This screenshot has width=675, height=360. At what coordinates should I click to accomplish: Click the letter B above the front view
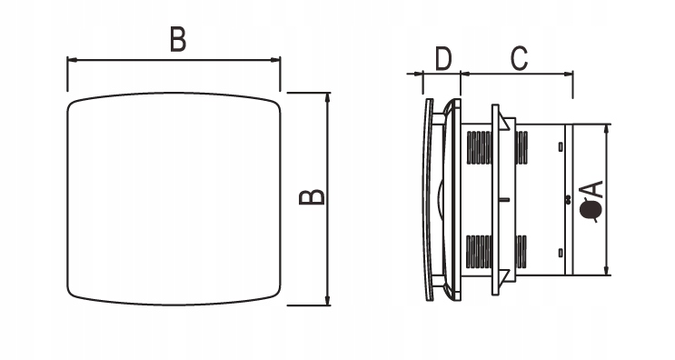coord(178,39)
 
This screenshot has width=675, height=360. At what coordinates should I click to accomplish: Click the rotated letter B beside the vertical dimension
coord(312,197)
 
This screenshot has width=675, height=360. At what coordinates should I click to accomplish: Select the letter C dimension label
coord(519,58)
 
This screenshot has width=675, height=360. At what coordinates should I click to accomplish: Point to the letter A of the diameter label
coord(591,190)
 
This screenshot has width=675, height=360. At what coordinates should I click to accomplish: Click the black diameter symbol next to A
coord(591,210)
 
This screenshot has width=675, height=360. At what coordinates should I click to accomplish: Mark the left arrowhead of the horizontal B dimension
coord(72,60)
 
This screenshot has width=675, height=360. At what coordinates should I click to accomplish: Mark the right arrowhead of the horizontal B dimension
coord(275,60)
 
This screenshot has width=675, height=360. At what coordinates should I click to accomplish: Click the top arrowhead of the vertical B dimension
coord(328,98)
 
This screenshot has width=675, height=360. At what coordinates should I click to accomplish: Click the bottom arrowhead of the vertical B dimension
coord(328,300)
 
